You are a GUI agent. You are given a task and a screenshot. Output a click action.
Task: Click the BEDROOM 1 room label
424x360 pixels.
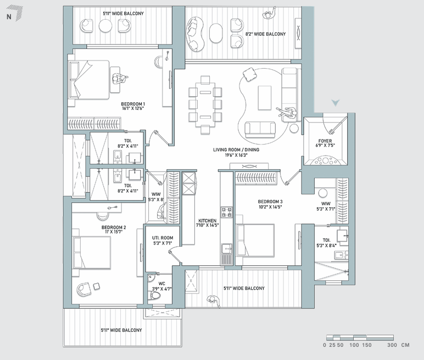(133, 104)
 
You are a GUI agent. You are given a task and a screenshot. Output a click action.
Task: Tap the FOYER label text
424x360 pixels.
(325, 141)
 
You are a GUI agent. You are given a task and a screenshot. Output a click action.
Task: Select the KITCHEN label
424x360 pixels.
(208, 220)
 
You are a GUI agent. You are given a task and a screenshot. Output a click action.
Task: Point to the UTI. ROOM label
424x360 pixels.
(163, 238)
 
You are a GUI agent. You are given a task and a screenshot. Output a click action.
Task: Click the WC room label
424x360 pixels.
(161, 284)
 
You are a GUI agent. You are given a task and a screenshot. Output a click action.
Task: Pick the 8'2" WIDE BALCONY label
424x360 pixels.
(265, 34)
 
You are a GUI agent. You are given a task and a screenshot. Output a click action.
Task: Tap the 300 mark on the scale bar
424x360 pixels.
(392, 345)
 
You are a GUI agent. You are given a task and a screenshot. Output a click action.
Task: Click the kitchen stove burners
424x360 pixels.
(226, 212)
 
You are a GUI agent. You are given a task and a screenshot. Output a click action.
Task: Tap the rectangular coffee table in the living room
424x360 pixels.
(265, 98)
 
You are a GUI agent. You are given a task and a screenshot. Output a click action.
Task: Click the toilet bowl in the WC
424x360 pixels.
(155, 295)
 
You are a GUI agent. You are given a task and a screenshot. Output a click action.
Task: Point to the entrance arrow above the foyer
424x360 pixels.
(336, 103)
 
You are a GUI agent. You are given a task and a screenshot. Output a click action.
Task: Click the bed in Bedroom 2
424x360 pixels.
(92, 252)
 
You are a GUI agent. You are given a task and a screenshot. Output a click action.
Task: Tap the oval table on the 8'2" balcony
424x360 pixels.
(215, 33)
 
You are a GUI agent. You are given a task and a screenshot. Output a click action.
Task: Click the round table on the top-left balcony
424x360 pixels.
(105, 26)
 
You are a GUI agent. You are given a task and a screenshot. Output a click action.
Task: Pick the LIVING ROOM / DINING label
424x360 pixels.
(236, 149)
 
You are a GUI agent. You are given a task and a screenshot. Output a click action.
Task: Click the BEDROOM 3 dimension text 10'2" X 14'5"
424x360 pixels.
(270, 207)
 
